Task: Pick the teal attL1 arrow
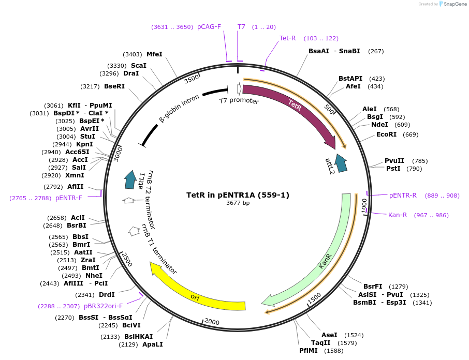point(130,179)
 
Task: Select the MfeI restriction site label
point(154,54)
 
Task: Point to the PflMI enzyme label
point(310,351)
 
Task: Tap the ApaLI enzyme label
point(152,344)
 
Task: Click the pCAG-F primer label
point(209,27)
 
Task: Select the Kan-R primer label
point(398,215)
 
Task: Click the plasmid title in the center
point(238,195)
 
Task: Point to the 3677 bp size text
point(238,203)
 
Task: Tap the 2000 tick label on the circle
point(212,322)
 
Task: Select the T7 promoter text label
point(239,100)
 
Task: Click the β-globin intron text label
point(179,108)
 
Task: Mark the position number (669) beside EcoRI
point(411,134)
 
